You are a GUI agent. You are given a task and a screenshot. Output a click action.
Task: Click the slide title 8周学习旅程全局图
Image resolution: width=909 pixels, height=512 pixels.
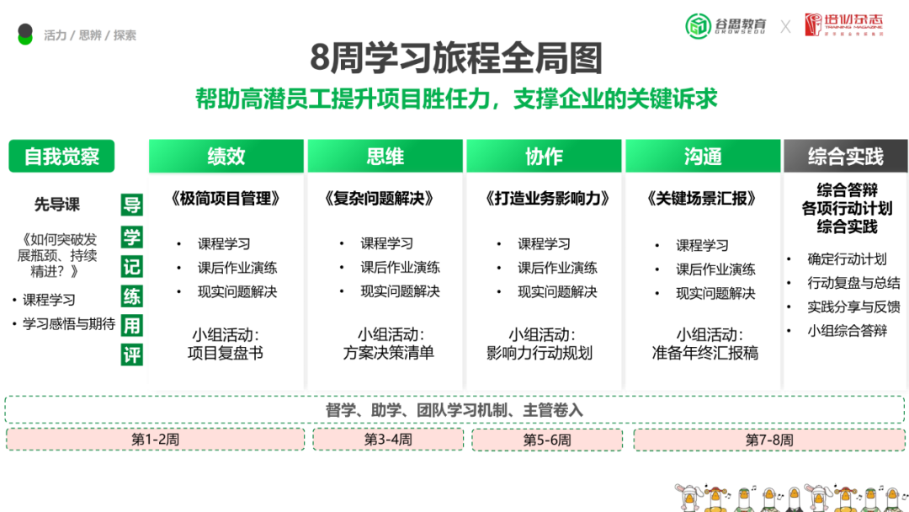tap(455, 59)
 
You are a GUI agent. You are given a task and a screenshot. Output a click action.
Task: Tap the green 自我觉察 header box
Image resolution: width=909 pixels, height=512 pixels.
tap(61, 156)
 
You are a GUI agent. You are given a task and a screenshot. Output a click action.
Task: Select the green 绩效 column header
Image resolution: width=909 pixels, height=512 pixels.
tap(226, 156)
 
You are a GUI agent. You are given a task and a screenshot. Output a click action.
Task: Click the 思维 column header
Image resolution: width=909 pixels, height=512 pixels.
tap(385, 156)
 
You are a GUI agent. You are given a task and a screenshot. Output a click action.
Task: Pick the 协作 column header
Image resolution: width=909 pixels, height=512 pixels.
tap(544, 156)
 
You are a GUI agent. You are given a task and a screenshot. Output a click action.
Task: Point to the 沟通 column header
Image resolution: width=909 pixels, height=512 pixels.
tap(703, 156)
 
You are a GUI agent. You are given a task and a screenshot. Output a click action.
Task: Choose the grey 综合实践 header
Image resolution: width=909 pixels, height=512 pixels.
tap(845, 156)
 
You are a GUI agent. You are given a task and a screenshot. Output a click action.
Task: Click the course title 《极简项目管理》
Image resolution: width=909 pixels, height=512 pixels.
tap(225, 199)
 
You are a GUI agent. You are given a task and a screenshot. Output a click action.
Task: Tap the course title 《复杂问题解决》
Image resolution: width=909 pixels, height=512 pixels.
tap(384, 199)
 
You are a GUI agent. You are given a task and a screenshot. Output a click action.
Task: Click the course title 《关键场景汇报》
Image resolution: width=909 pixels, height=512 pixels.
tap(702, 199)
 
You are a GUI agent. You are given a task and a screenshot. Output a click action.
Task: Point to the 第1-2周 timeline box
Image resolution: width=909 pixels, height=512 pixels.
tap(156, 440)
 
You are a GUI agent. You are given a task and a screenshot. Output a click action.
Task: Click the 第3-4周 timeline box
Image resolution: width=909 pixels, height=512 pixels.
tap(388, 440)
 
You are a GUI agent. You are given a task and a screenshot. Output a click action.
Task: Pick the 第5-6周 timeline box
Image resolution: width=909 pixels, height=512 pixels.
tap(547, 440)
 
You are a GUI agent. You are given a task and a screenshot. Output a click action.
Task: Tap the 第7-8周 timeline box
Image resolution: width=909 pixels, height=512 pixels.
tap(769, 440)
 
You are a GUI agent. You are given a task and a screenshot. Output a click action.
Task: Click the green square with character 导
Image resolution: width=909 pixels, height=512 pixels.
tap(132, 205)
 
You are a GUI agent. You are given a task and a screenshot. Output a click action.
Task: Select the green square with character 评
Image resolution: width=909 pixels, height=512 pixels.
tap(132, 355)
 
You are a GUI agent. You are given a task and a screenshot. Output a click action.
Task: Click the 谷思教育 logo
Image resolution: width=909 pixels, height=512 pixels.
tap(726, 25)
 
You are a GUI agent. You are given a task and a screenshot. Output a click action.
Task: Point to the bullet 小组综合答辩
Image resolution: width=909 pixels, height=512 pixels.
tap(847, 330)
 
